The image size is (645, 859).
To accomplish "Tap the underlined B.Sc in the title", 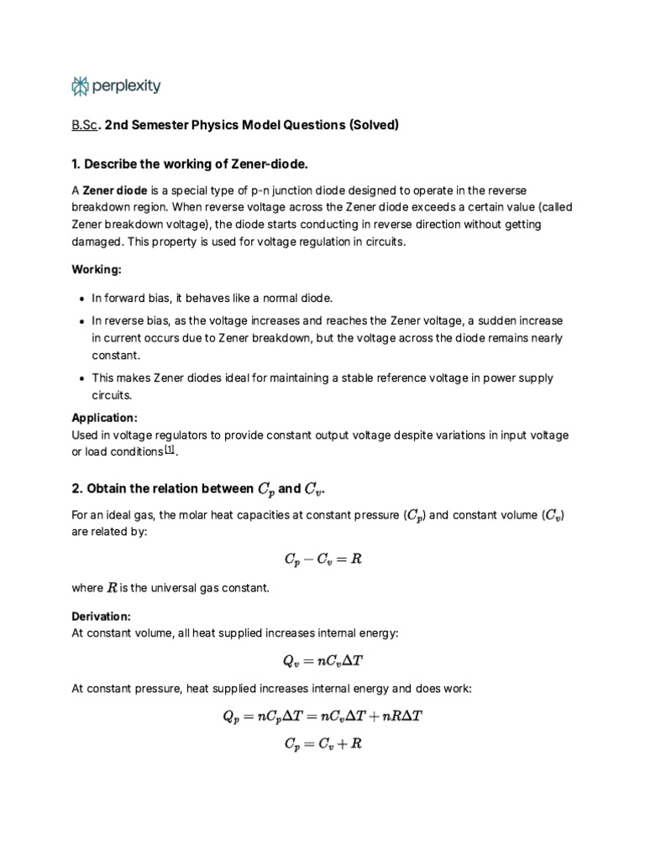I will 85,125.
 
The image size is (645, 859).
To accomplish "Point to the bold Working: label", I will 97,270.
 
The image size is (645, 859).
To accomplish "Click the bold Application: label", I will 104,417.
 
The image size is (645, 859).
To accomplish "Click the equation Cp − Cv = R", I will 322,558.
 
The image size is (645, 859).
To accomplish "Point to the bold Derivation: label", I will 102,617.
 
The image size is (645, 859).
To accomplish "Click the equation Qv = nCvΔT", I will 322,660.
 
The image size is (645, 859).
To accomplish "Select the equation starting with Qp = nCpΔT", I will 322,716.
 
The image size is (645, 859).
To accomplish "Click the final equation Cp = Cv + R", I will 322,743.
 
